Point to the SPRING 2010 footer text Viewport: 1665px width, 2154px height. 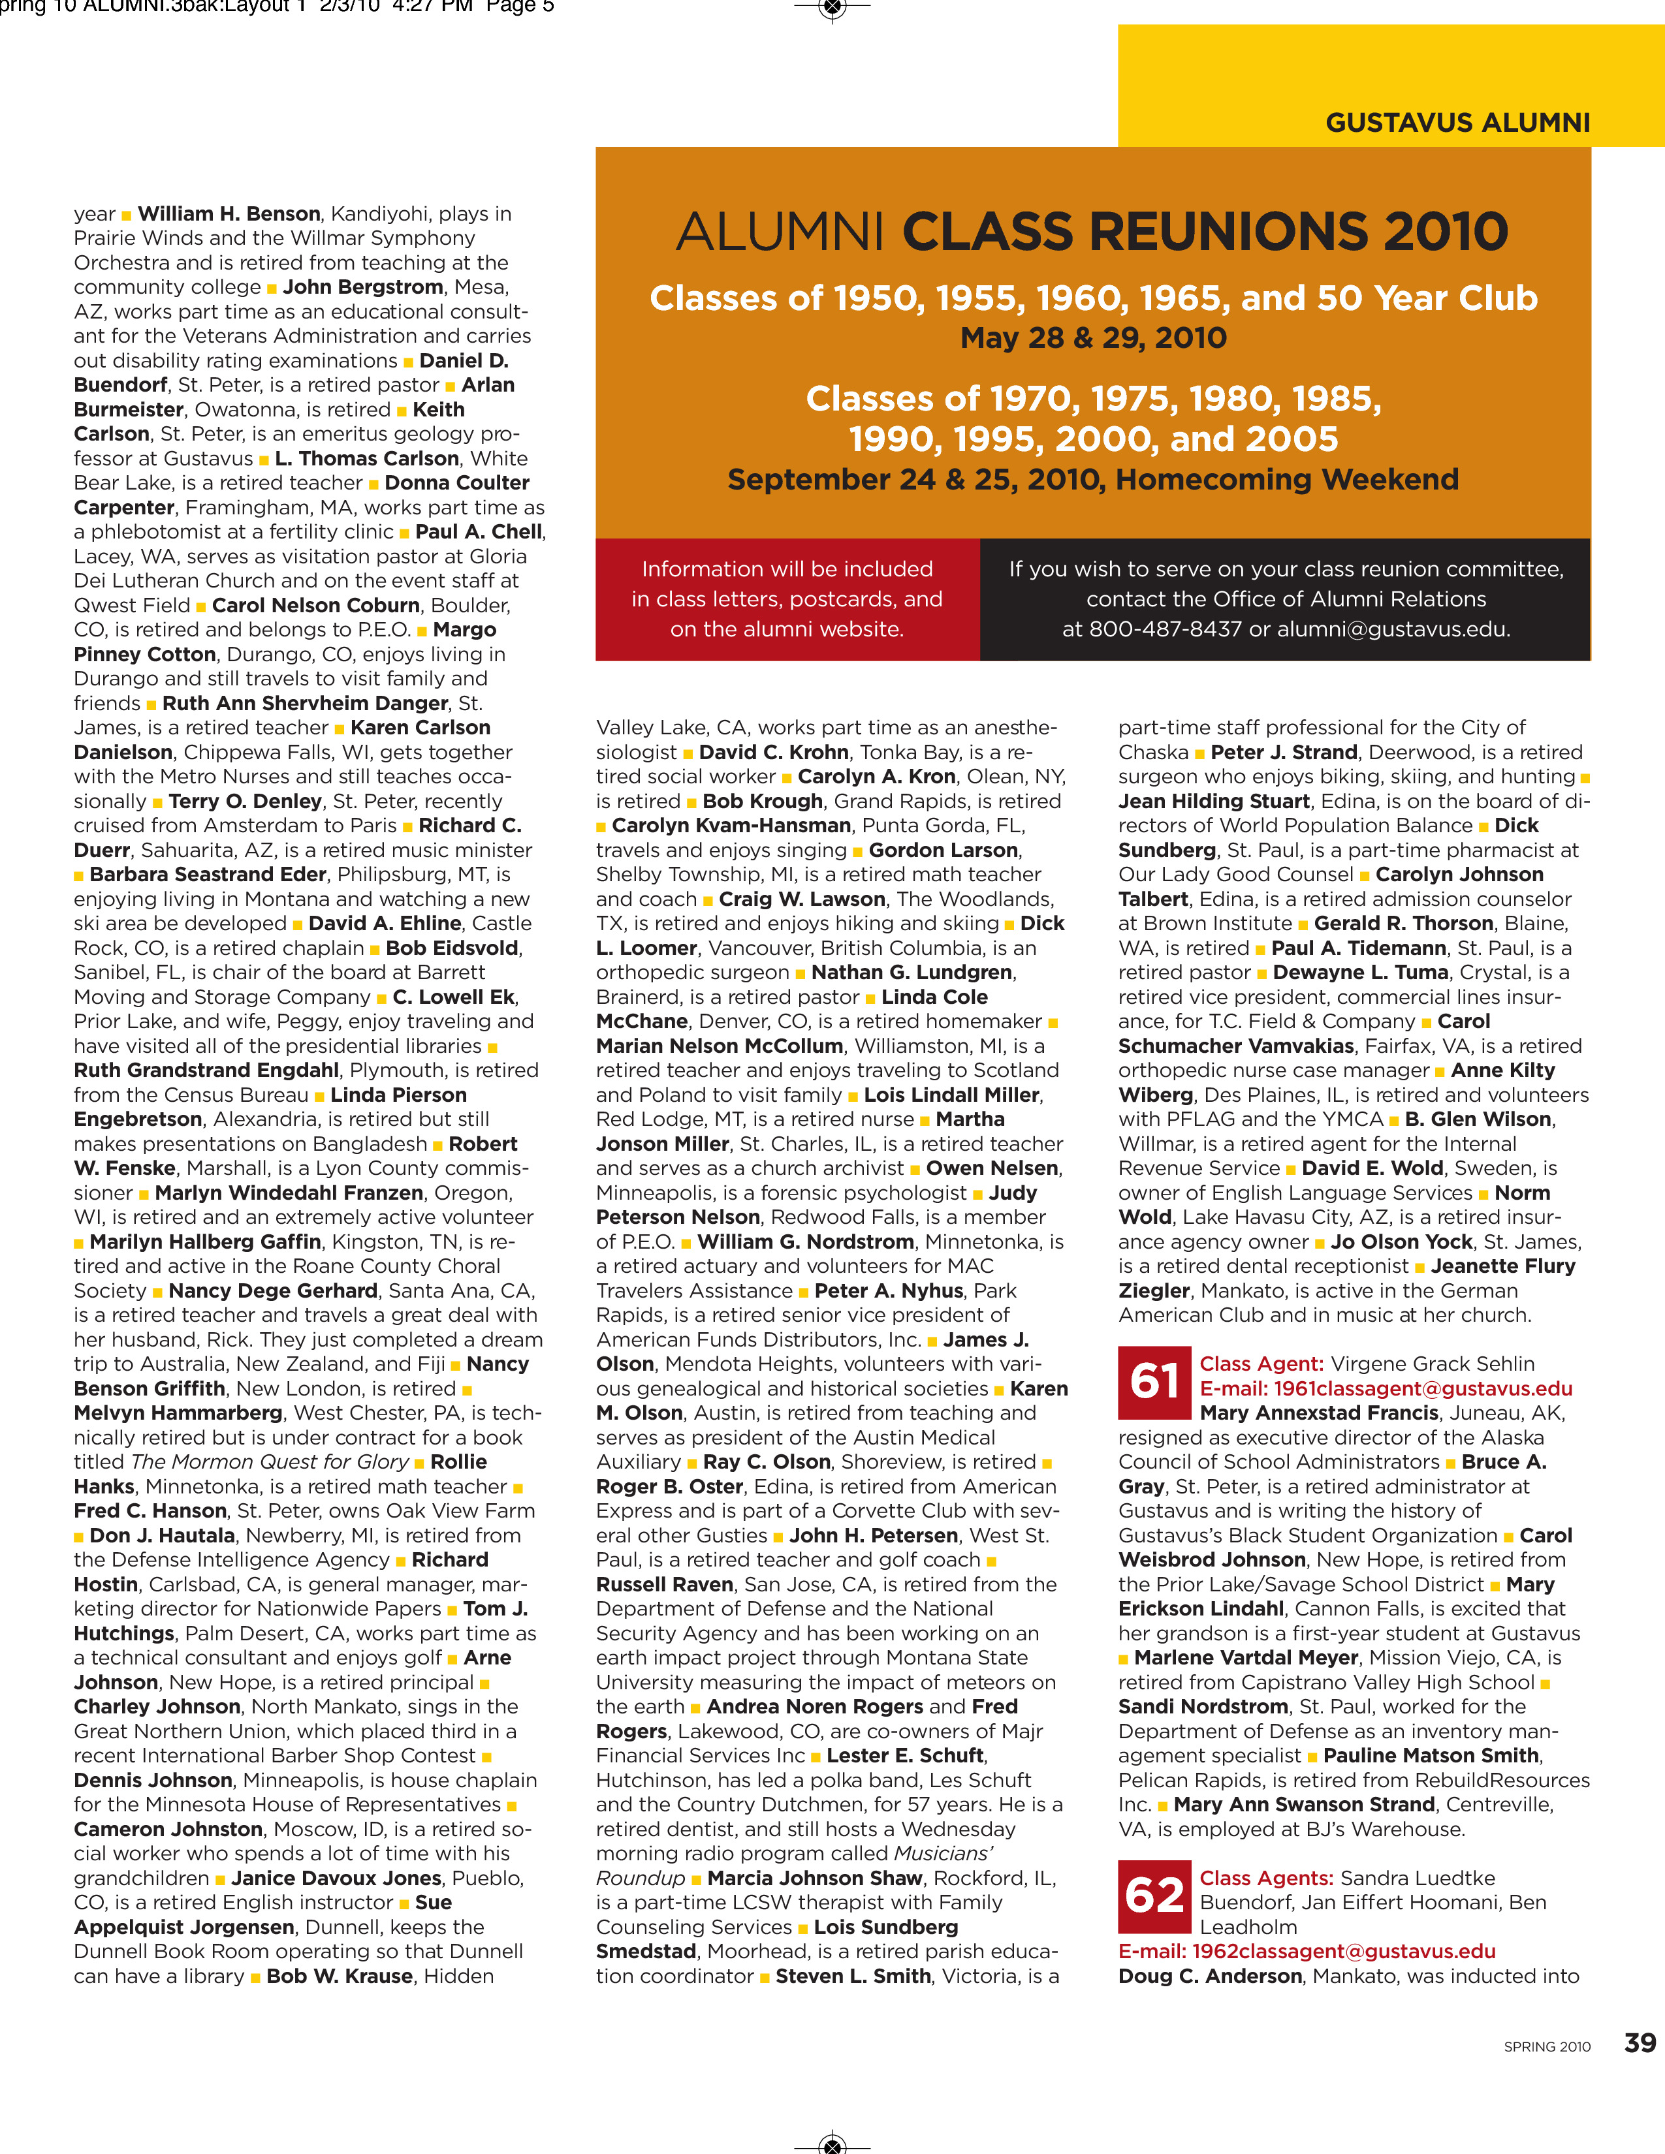pos(1547,2046)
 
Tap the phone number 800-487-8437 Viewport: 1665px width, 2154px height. pos(1165,629)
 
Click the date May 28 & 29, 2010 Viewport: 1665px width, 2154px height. pos(1093,338)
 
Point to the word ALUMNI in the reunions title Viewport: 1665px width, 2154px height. pos(779,233)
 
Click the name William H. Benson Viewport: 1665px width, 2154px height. pos(229,214)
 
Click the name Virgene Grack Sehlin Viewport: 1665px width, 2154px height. pos(1432,1364)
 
